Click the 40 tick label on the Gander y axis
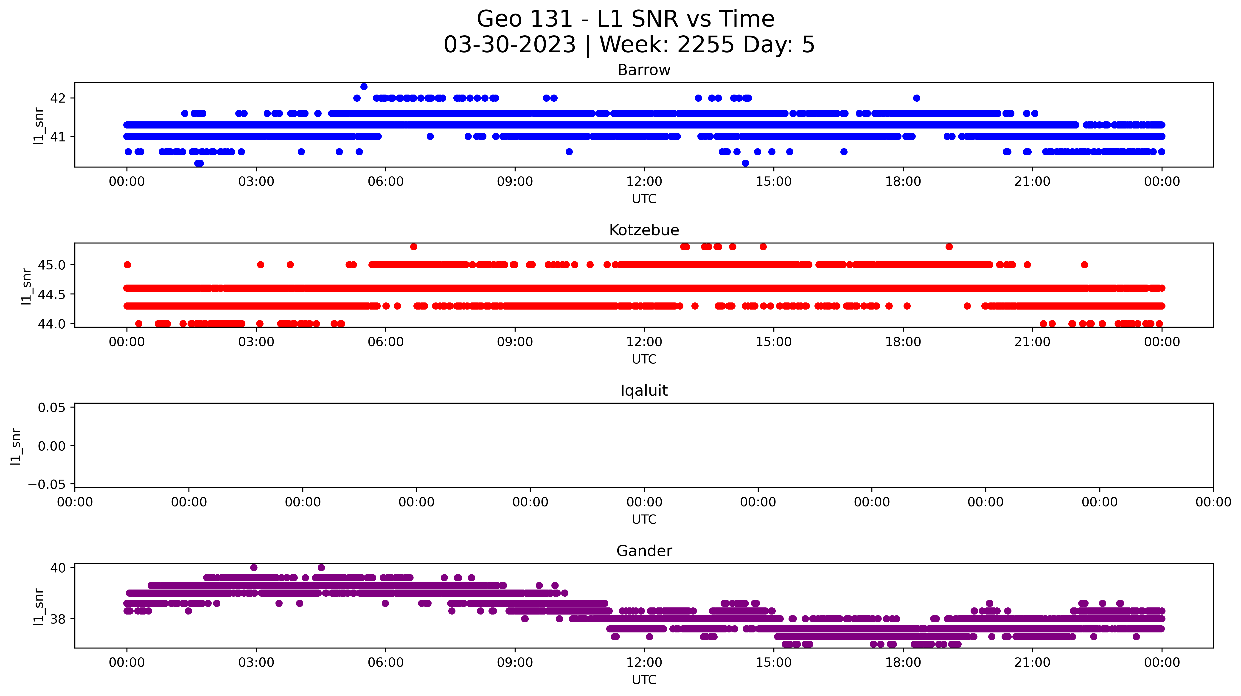58,568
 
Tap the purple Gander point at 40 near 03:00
254,567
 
